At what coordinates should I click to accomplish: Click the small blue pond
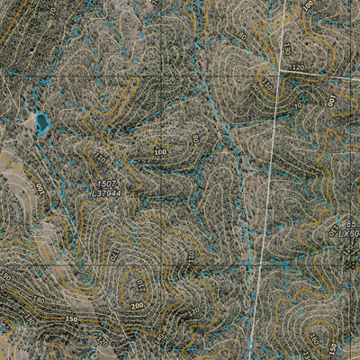[40, 121]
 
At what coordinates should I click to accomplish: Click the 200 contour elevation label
[136, 307]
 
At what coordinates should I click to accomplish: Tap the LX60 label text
[349, 233]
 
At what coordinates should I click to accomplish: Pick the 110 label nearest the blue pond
[99, 157]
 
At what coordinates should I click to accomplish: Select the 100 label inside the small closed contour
[160, 151]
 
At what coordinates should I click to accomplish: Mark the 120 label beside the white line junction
[298, 67]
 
